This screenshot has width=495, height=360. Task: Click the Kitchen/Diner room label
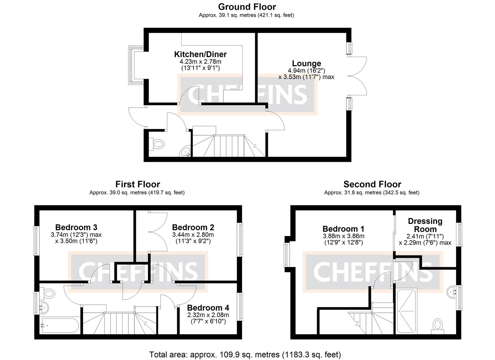[x=200, y=54]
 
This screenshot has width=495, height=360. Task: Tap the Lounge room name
[x=306, y=63]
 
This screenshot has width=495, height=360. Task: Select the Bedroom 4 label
[x=208, y=308]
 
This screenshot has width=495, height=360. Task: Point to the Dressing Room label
[x=425, y=225]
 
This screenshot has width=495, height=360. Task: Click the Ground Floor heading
[x=247, y=7]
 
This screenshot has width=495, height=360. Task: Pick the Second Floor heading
[x=372, y=184]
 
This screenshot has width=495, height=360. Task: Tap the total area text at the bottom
[x=245, y=354]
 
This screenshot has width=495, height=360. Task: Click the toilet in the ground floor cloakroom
[x=158, y=144]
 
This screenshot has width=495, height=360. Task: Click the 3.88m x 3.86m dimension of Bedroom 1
[x=343, y=236]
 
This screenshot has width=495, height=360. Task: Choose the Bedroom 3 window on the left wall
[x=37, y=241]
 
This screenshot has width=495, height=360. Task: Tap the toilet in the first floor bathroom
[x=49, y=294]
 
